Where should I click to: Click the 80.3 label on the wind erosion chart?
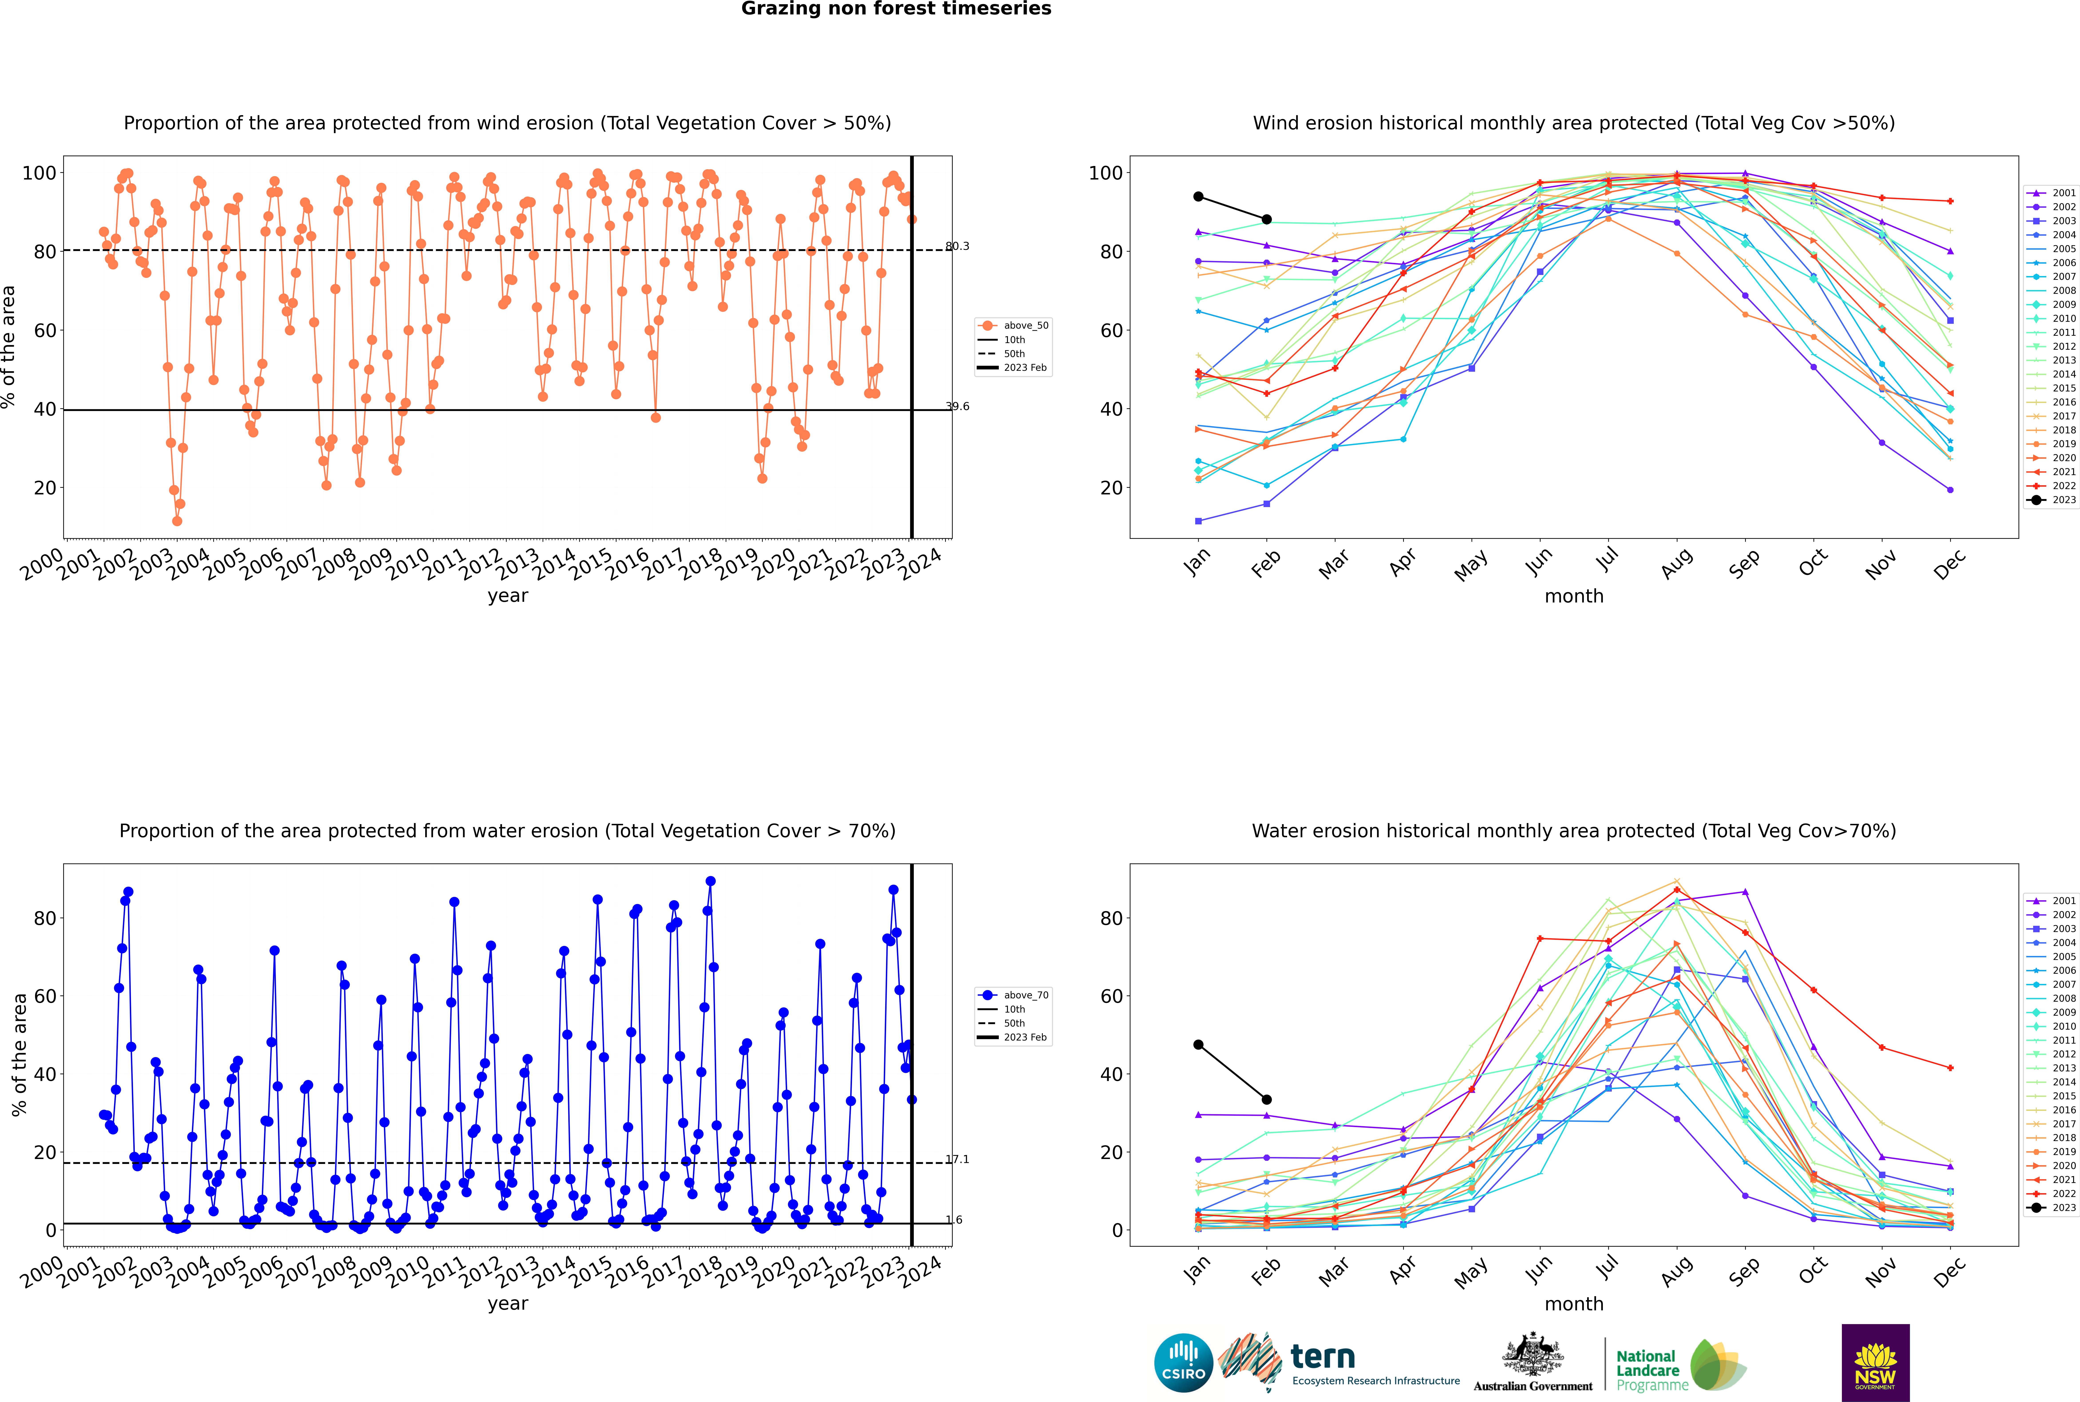pos(957,246)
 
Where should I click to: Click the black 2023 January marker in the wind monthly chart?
pos(1198,197)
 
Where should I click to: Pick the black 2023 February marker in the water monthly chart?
pos(1266,1100)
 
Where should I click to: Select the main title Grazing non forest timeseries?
pos(896,9)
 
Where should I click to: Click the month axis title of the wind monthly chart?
pos(1574,596)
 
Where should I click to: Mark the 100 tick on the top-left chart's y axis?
pos(38,173)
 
